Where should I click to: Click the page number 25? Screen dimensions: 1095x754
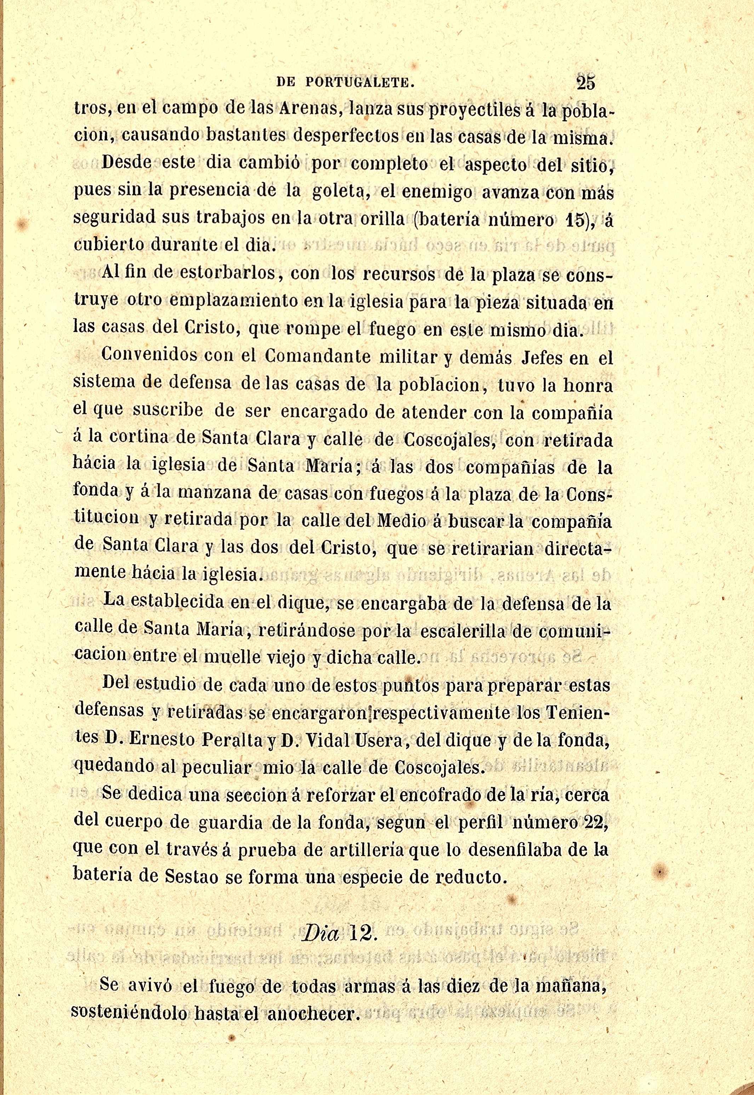click(x=586, y=83)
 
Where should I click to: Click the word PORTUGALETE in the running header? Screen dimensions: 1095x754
click(x=360, y=84)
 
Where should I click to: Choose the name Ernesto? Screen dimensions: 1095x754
click(x=161, y=740)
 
